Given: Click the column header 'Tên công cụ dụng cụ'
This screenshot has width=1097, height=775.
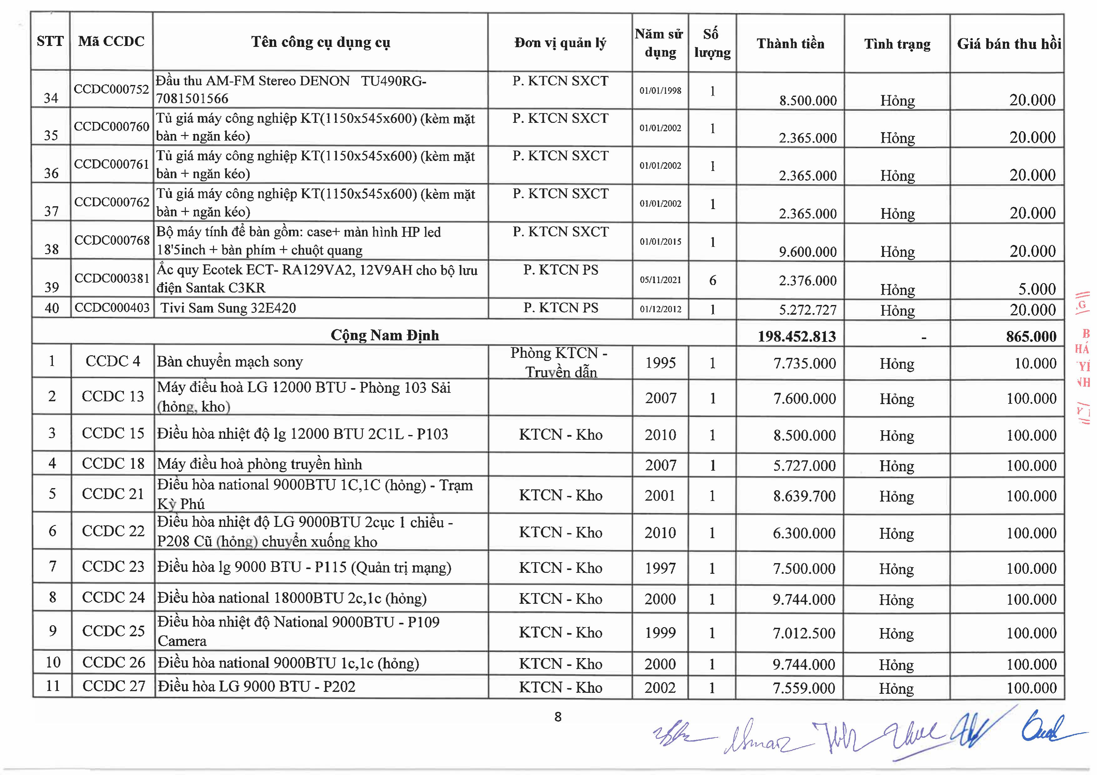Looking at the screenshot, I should tap(321, 42).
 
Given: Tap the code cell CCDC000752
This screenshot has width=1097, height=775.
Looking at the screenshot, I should tap(111, 89).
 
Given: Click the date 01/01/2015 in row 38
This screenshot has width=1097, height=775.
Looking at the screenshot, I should tap(660, 242).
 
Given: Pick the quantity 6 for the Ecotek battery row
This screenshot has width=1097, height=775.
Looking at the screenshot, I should tap(712, 280).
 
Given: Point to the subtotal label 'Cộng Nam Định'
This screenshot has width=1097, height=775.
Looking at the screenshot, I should tap(385, 335).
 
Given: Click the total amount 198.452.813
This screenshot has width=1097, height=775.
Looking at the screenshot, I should tap(796, 337).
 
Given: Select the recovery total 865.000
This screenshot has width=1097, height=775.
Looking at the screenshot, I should tap(1031, 337).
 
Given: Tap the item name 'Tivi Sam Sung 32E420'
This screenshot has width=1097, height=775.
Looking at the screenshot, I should tap(228, 308).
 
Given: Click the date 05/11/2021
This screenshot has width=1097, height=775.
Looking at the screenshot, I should tap(660, 280).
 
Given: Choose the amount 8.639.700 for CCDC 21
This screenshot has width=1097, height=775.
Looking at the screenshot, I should tap(804, 496).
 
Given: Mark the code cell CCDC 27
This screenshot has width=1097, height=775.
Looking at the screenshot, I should tap(113, 686).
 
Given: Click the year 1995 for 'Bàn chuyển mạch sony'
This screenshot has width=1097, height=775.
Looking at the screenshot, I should tap(660, 363).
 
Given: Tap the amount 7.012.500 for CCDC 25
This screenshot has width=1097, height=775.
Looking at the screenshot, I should tap(804, 633).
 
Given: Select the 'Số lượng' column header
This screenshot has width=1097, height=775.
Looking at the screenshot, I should tap(712, 43).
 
